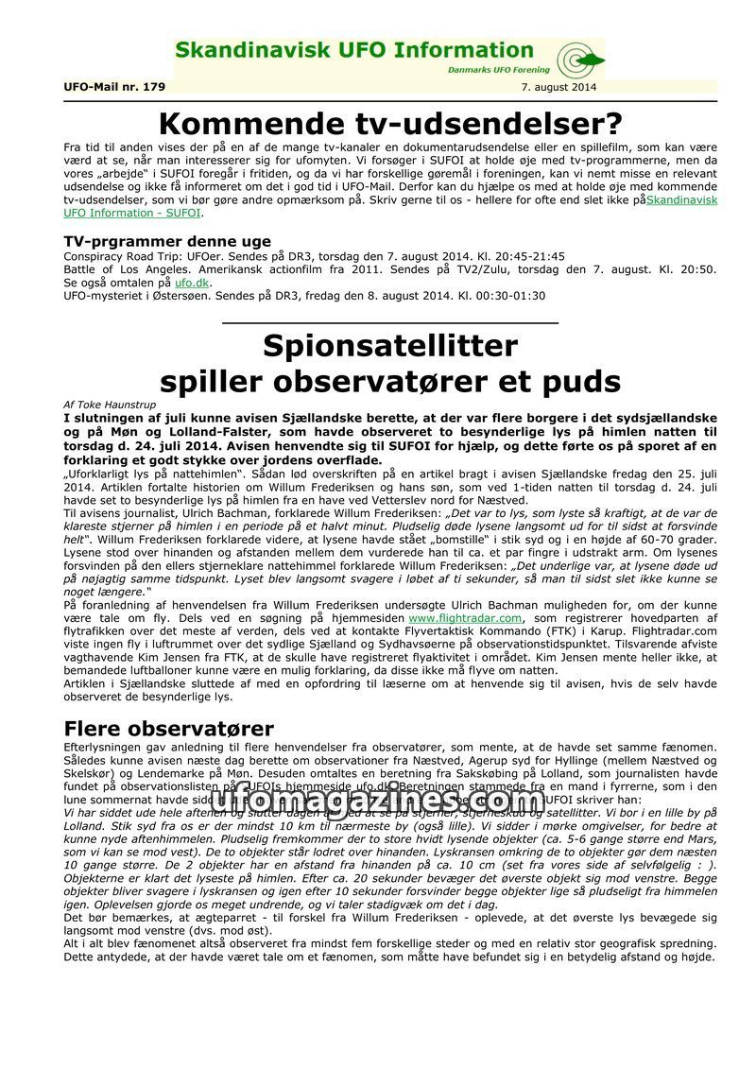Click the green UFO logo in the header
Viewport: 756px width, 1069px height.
[x=579, y=60]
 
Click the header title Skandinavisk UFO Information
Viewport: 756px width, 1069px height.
[x=354, y=50]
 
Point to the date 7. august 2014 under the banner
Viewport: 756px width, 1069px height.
[x=558, y=87]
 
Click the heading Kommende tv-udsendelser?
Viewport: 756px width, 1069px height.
[x=390, y=124]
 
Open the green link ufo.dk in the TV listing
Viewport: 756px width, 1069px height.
[x=192, y=283]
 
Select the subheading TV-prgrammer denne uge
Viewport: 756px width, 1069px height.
[x=167, y=241]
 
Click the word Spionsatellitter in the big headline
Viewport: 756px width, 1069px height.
[x=390, y=346]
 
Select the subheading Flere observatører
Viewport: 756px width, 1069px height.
[x=169, y=729]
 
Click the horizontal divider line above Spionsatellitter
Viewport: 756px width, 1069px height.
[x=390, y=323]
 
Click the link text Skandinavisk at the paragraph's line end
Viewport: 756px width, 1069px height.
[x=681, y=200]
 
